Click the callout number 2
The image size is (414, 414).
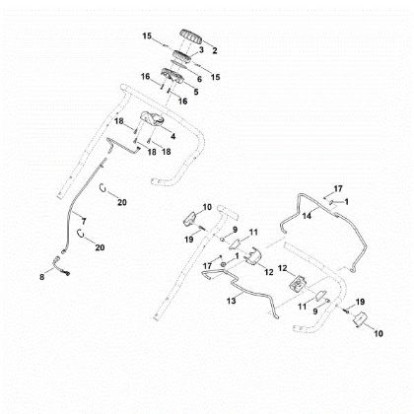pos(215,50)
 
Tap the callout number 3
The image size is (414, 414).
pos(201,49)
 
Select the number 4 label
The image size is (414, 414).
pos(172,136)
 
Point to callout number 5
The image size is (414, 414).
pos(196,92)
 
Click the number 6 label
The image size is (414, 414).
pos(199,79)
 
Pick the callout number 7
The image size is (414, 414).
pos(84,221)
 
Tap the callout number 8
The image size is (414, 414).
pos(41,277)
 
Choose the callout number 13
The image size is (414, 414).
pos(232,301)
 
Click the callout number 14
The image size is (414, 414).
pos(307,216)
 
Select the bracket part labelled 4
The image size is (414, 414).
pos(152,118)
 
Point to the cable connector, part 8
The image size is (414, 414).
pos(61,267)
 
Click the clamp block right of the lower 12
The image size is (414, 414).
pos(298,283)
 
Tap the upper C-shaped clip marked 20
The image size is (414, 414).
pos(103,188)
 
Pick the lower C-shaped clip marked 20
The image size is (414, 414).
pos(80,233)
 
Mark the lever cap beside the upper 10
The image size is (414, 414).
pos(189,219)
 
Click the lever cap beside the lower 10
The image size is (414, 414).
pos(359,318)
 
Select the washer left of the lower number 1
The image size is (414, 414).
pos(224,264)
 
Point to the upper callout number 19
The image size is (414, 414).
pos(189,240)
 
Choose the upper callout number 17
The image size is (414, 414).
pos(338,188)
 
